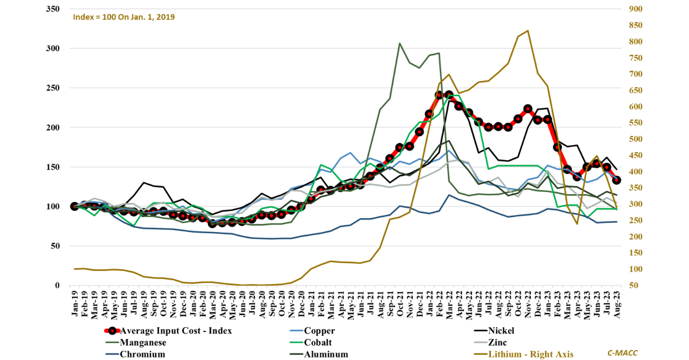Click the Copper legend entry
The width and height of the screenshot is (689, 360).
click(x=319, y=331)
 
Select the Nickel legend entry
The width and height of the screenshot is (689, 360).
click(x=501, y=331)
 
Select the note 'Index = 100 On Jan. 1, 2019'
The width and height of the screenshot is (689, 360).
click(x=124, y=17)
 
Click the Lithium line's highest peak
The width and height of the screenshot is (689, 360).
click(x=528, y=30)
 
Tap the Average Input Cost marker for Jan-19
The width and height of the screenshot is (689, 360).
click(x=75, y=206)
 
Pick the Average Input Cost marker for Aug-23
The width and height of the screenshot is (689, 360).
click(x=617, y=180)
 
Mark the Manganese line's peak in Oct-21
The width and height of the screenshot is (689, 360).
click(x=400, y=43)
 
